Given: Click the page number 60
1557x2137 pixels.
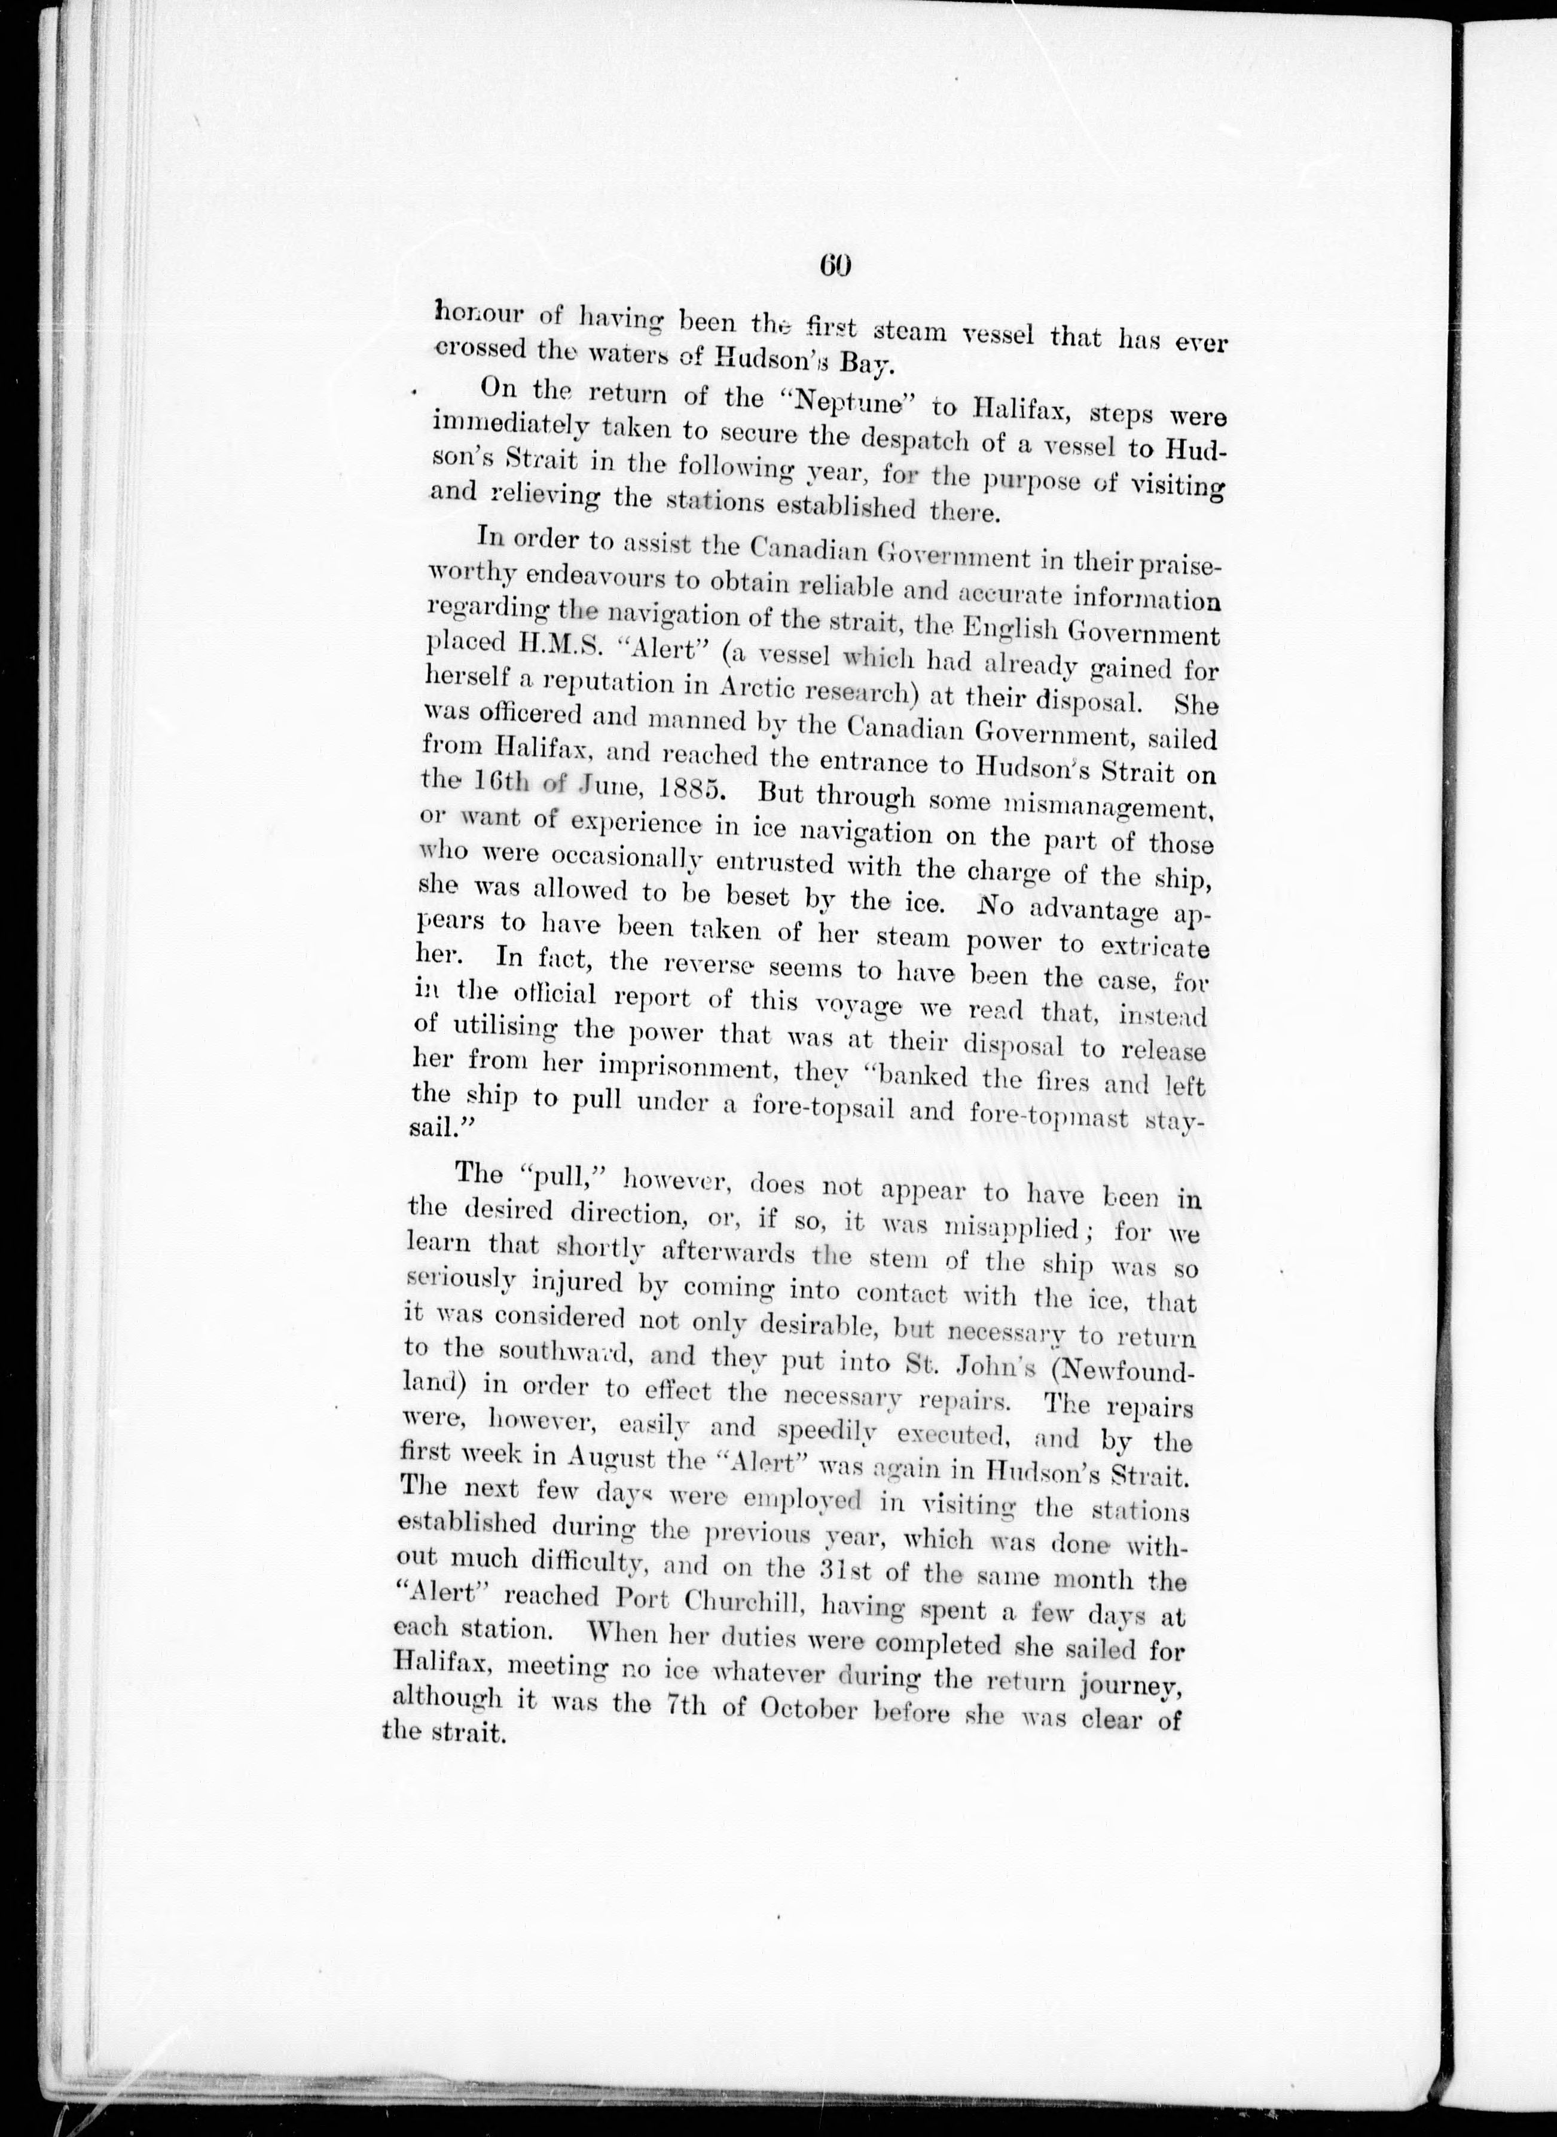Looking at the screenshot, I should [x=836, y=267].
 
